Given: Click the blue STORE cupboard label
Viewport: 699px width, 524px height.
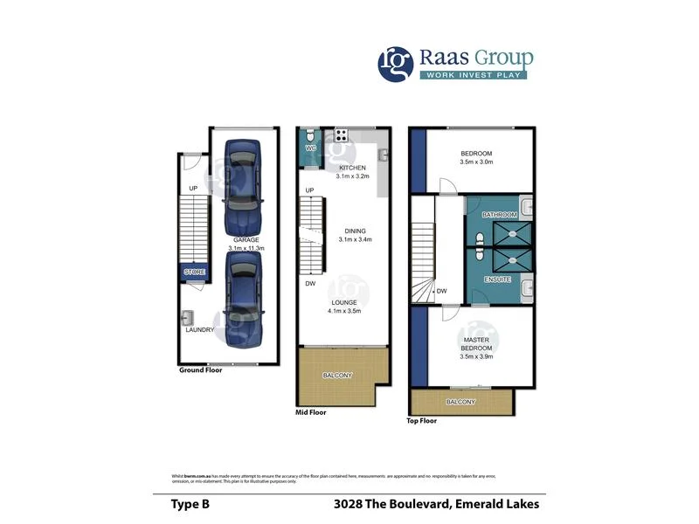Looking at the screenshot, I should pyautogui.click(x=195, y=272).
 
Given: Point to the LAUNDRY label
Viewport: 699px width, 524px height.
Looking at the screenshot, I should pyautogui.click(x=198, y=330).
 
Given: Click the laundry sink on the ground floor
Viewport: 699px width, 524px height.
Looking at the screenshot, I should pyautogui.click(x=188, y=318).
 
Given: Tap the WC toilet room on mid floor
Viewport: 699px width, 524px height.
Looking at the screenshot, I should pyautogui.click(x=310, y=141).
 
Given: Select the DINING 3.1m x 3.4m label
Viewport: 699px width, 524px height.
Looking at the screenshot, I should pyautogui.click(x=354, y=235).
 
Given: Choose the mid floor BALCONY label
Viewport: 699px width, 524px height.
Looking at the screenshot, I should pyautogui.click(x=338, y=376).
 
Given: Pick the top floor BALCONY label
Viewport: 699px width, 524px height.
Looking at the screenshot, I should pyautogui.click(x=460, y=402).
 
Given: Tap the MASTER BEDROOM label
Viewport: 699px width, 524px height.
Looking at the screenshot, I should pyautogui.click(x=477, y=348).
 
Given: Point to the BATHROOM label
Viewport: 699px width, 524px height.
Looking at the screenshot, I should pyautogui.click(x=500, y=215).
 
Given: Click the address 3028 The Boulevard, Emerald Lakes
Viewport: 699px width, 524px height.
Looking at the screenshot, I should pyautogui.click(x=436, y=504).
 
